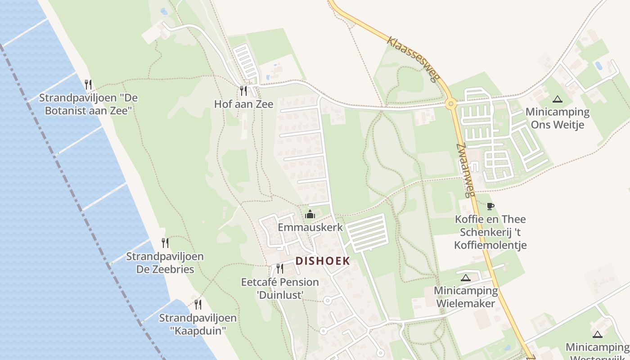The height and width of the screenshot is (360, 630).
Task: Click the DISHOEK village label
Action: point(323,261)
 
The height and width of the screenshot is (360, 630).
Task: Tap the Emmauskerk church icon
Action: point(310,214)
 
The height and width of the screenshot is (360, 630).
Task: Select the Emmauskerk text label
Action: point(310,227)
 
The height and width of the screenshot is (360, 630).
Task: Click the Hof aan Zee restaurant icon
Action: point(243,91)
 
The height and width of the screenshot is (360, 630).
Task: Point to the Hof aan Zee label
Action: point(243,104)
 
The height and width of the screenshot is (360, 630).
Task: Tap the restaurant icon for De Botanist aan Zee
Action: point(89,84)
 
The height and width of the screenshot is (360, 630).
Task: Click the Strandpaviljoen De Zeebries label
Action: point(165,263)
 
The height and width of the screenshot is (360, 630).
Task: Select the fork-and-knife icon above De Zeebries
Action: point(165,243)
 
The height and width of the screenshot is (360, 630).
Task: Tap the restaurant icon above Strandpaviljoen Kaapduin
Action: point(198,304)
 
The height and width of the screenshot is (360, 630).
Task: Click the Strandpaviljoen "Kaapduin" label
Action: point(198,324)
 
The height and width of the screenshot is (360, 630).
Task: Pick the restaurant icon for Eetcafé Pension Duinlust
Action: point(280,269)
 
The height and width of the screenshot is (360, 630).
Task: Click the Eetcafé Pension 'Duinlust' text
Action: point(280,288)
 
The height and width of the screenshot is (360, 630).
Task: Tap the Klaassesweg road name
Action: point(413,59)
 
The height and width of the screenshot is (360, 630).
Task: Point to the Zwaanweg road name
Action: point(466,171)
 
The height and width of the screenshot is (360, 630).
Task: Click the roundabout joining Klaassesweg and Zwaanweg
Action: point(450,104)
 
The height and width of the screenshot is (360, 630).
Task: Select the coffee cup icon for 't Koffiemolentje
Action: point(490,206)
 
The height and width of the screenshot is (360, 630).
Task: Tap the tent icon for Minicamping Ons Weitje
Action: point(558,99)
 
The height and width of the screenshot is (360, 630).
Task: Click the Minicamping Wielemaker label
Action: point(466,297)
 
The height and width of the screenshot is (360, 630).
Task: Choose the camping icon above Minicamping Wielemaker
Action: point(466,278)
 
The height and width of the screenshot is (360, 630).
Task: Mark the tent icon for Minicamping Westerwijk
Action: point(597,334)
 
